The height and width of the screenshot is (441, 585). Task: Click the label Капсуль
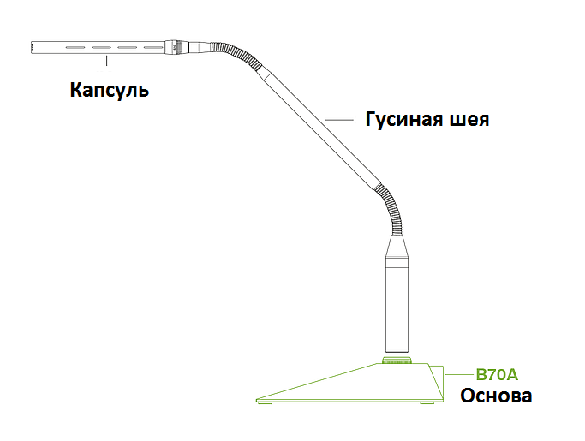110,91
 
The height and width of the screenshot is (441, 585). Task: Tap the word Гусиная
404,119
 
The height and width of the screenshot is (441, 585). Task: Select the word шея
470,120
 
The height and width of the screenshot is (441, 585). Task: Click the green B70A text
497,374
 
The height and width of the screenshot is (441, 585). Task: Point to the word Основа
496,396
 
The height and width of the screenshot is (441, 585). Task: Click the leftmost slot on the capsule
75,47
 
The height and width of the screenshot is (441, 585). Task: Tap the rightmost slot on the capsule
153,47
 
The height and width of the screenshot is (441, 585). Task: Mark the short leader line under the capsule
106,61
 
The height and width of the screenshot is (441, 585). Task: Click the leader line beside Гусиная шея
339,120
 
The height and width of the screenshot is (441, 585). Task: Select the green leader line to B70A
459,374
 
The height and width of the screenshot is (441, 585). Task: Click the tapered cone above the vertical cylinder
397,247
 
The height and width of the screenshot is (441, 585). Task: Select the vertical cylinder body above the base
397,305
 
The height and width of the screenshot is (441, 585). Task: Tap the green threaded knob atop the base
397,360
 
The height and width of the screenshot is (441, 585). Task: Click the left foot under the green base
266,403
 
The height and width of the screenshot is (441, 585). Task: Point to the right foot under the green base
427,403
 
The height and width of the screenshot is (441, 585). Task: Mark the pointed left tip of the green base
257,401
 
